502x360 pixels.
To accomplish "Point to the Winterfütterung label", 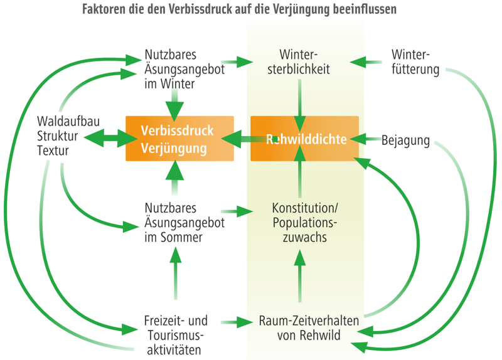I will (415, 61).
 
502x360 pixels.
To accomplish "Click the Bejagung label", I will (405, 140).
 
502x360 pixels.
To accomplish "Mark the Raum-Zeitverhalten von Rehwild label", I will (309, 328).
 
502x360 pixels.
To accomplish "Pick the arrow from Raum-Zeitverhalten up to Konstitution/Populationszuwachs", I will (301, 273).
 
